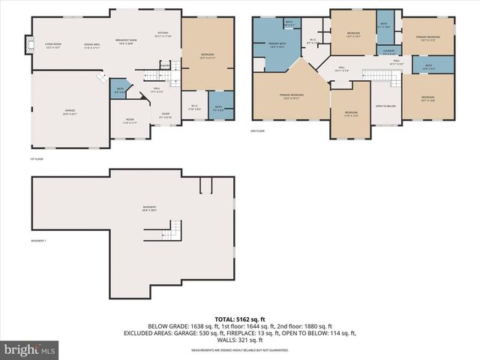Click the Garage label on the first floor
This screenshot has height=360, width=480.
69,112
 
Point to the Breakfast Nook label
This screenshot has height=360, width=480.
126,41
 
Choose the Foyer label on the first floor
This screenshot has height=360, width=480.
165,115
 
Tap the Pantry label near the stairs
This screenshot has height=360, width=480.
165,66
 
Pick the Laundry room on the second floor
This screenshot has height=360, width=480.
388,52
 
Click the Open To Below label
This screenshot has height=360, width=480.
385,106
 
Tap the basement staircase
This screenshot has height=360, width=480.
175,229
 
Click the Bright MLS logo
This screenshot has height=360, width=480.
30,350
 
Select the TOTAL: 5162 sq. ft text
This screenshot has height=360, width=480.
242,318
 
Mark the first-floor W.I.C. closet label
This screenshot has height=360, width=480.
193,106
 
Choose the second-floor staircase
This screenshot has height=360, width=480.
373,73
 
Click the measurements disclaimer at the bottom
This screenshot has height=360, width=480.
241,350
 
